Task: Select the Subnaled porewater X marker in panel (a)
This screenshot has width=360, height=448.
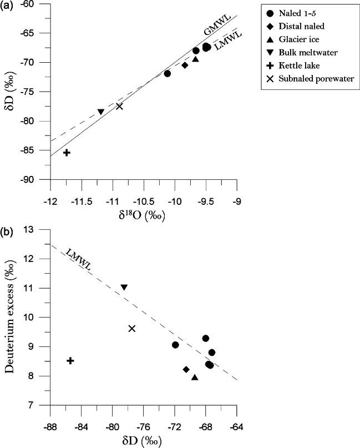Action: [x=119, y=106]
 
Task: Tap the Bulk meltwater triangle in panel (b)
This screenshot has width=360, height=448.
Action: [x=124, y=287]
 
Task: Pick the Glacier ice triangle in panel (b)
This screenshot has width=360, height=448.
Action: [x=195, y=377]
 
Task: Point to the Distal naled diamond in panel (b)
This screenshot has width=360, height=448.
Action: [x=186, y=369]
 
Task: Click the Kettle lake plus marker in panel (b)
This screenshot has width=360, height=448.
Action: [x=70, y=361]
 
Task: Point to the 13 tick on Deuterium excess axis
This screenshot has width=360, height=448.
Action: [x=42, y=229]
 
